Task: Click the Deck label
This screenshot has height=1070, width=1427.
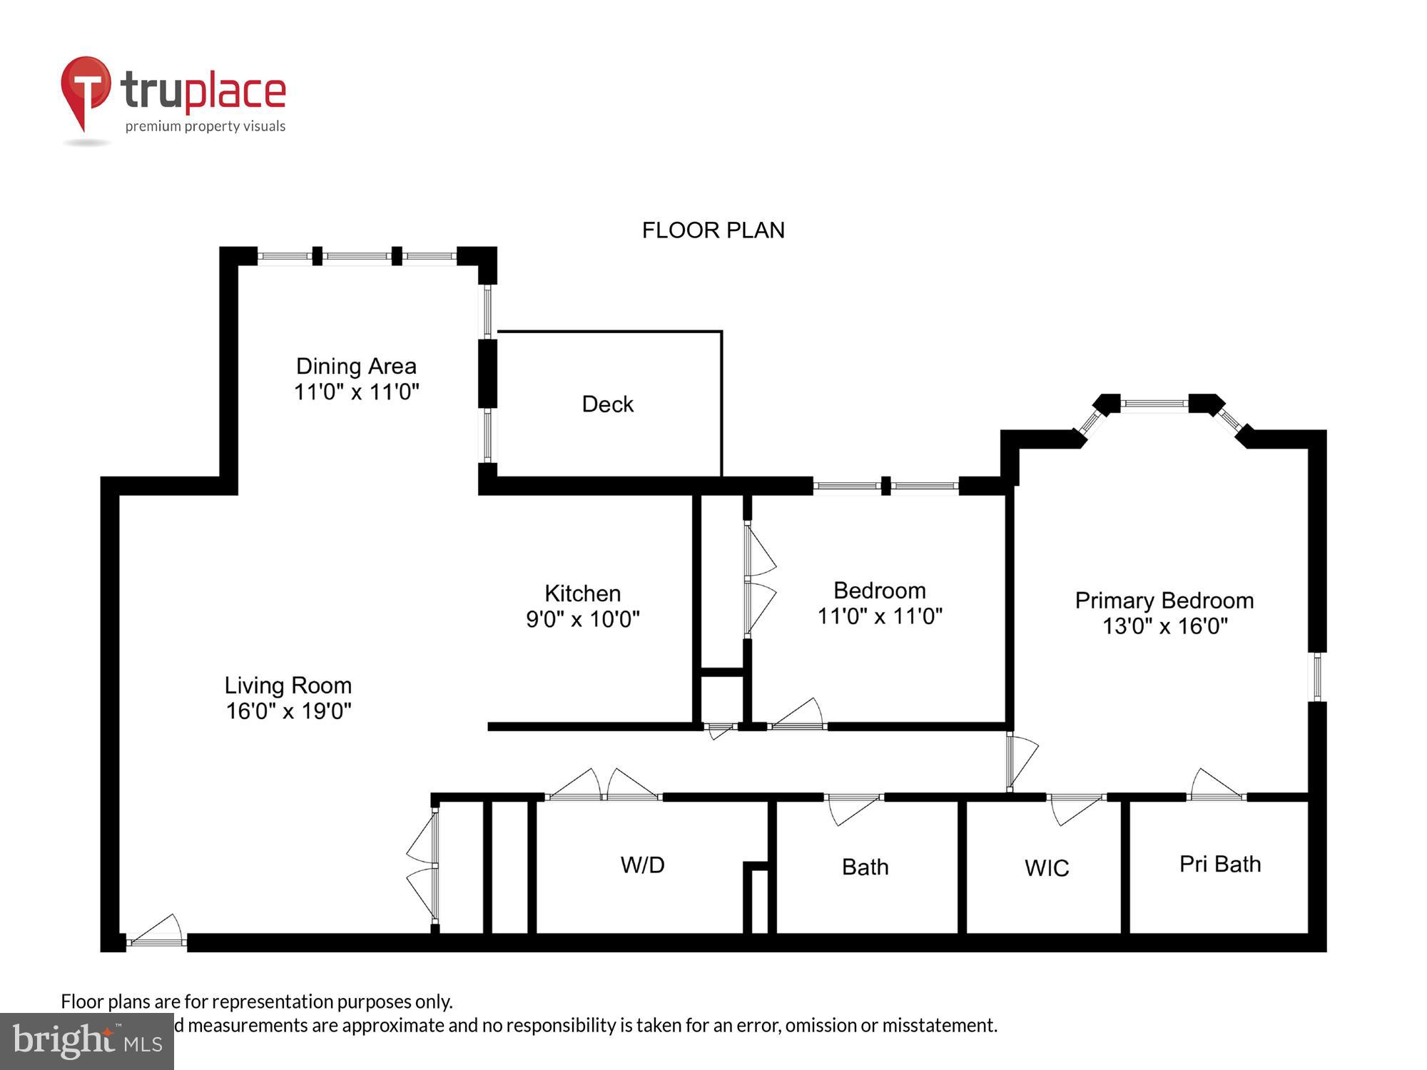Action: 607,404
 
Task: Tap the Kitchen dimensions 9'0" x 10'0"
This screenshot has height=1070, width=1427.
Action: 582,619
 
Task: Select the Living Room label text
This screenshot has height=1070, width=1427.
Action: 288,686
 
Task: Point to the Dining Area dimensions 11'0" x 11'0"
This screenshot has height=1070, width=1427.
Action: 356,392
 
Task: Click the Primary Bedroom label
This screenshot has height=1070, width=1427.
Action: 1164,601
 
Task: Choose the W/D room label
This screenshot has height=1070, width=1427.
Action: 642,865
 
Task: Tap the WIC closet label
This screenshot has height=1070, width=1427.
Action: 1046,868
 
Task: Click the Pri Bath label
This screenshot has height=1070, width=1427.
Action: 1219,864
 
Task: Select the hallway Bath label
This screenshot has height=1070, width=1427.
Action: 865,867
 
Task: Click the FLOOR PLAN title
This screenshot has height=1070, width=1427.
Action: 713,230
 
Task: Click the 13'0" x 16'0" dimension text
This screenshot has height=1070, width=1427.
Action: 1164,626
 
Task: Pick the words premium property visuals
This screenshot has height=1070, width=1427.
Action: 205,126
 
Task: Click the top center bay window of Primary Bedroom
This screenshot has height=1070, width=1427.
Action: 1154,404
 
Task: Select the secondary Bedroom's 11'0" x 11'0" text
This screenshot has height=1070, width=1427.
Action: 879,616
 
